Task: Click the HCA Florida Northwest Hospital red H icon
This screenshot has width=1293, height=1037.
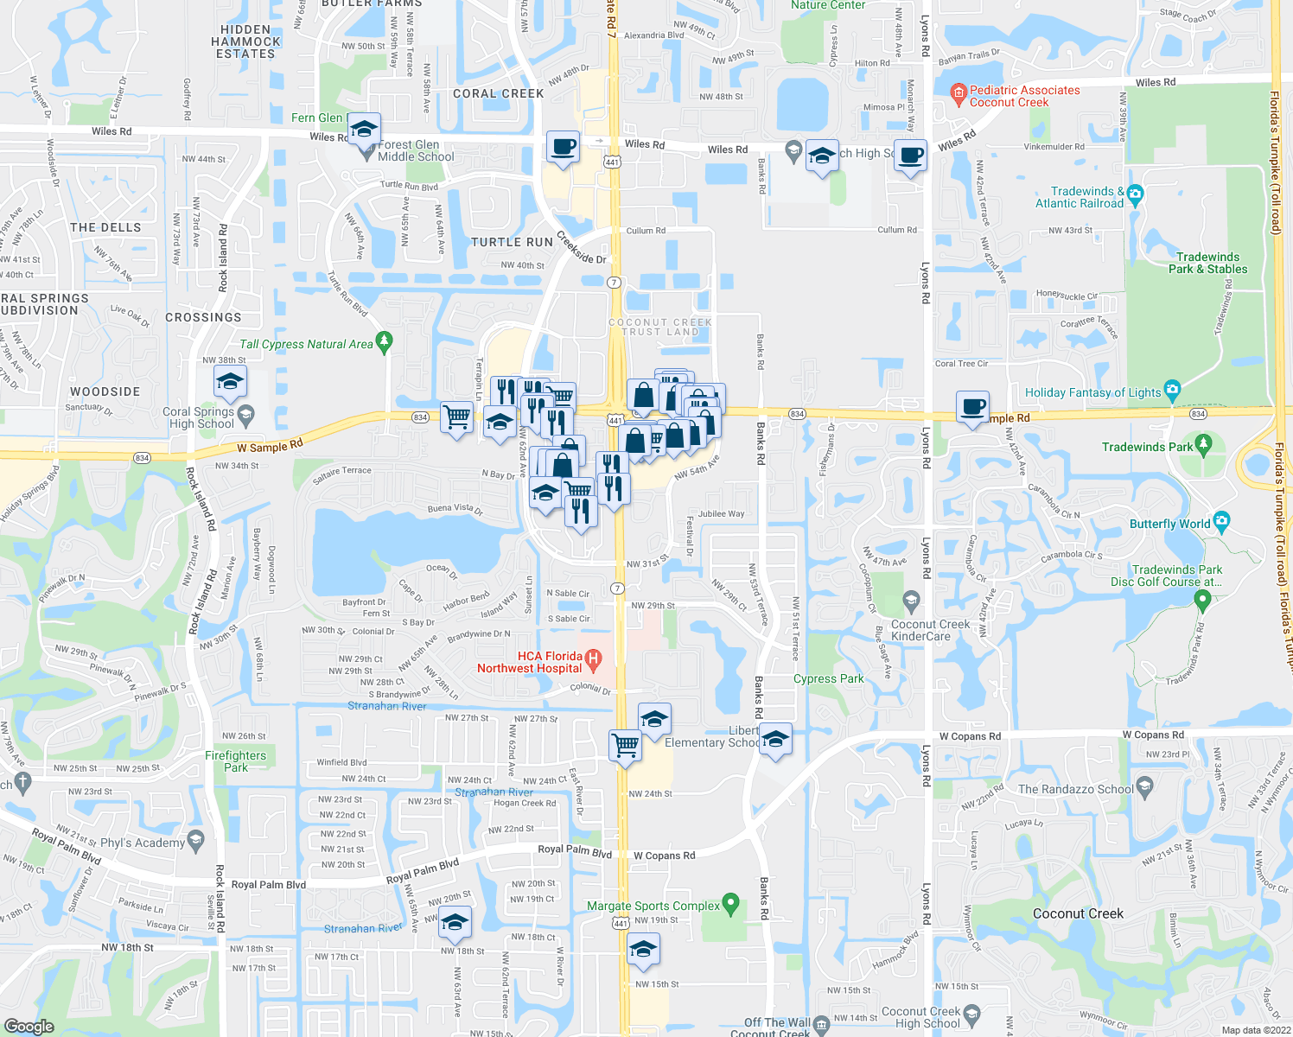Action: point(593,662)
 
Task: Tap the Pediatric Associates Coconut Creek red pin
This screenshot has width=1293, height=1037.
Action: point(958,94)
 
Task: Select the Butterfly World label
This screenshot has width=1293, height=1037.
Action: point(1170,525)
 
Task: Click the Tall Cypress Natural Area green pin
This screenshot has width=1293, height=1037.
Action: point(385,341)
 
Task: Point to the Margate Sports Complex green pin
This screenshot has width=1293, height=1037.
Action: point(731,904)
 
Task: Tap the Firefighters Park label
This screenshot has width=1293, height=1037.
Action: point(236,761)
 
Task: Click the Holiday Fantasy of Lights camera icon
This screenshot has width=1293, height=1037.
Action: point(1172,390)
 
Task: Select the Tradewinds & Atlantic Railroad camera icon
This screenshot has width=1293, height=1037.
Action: point(1136,193)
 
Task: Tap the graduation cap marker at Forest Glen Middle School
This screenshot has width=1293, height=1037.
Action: point(364,130)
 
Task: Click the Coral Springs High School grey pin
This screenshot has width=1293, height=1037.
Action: point(246,414)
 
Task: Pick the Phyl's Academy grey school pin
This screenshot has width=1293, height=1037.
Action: point(196,840)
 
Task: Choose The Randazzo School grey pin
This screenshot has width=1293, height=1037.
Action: point(1145,786)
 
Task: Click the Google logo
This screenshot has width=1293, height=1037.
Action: point(29,1026)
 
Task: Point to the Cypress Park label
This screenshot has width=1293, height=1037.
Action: point(828,678)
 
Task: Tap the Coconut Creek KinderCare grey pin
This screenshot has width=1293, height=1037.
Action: point(911,600)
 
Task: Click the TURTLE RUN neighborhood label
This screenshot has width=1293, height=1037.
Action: point(512,242)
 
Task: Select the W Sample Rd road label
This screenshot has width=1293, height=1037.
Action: point(270,446)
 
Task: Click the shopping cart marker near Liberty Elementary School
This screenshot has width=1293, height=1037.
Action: point(625,744)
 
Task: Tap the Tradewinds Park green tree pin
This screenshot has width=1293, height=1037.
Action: point(1204,445)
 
